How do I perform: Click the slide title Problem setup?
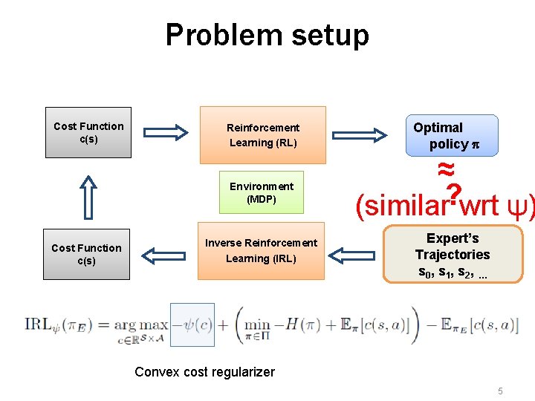[267, 35]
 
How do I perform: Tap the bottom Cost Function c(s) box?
[86, 255]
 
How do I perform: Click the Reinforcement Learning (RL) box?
[262, 135]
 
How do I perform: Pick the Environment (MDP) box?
[261, 192]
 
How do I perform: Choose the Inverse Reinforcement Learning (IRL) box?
[261, 251]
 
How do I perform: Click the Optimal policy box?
[444, 135]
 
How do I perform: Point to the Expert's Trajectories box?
[453, 255]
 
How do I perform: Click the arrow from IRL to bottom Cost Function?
[165, 255]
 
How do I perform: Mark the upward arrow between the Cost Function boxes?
[88, 196]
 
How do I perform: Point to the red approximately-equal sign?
[446, 167]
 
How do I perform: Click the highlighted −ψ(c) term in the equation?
[192, 325]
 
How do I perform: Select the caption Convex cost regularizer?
[204, 372]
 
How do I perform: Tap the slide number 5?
[501, 391]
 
